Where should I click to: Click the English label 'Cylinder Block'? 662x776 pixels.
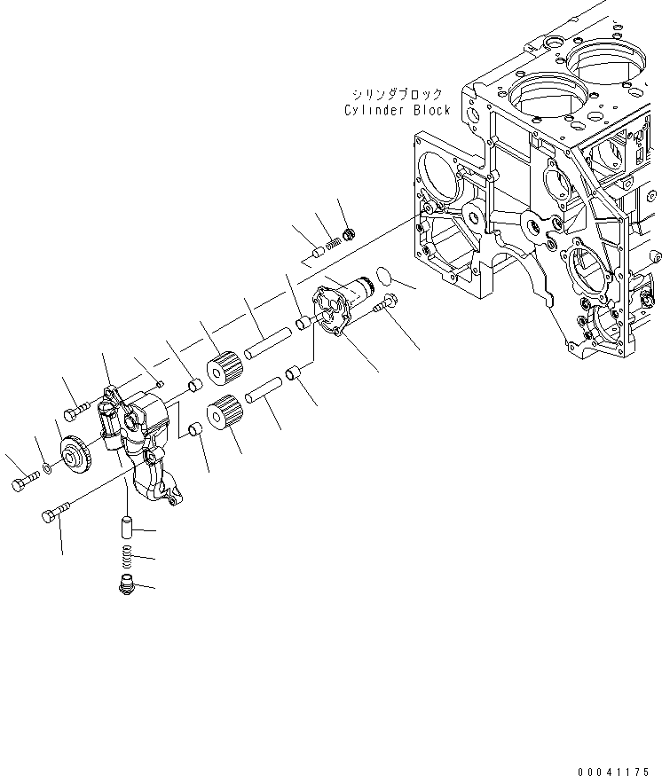398,111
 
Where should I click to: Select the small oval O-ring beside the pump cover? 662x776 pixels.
385,276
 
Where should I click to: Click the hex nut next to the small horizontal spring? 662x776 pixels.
350,234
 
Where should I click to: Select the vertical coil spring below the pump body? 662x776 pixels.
128,557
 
